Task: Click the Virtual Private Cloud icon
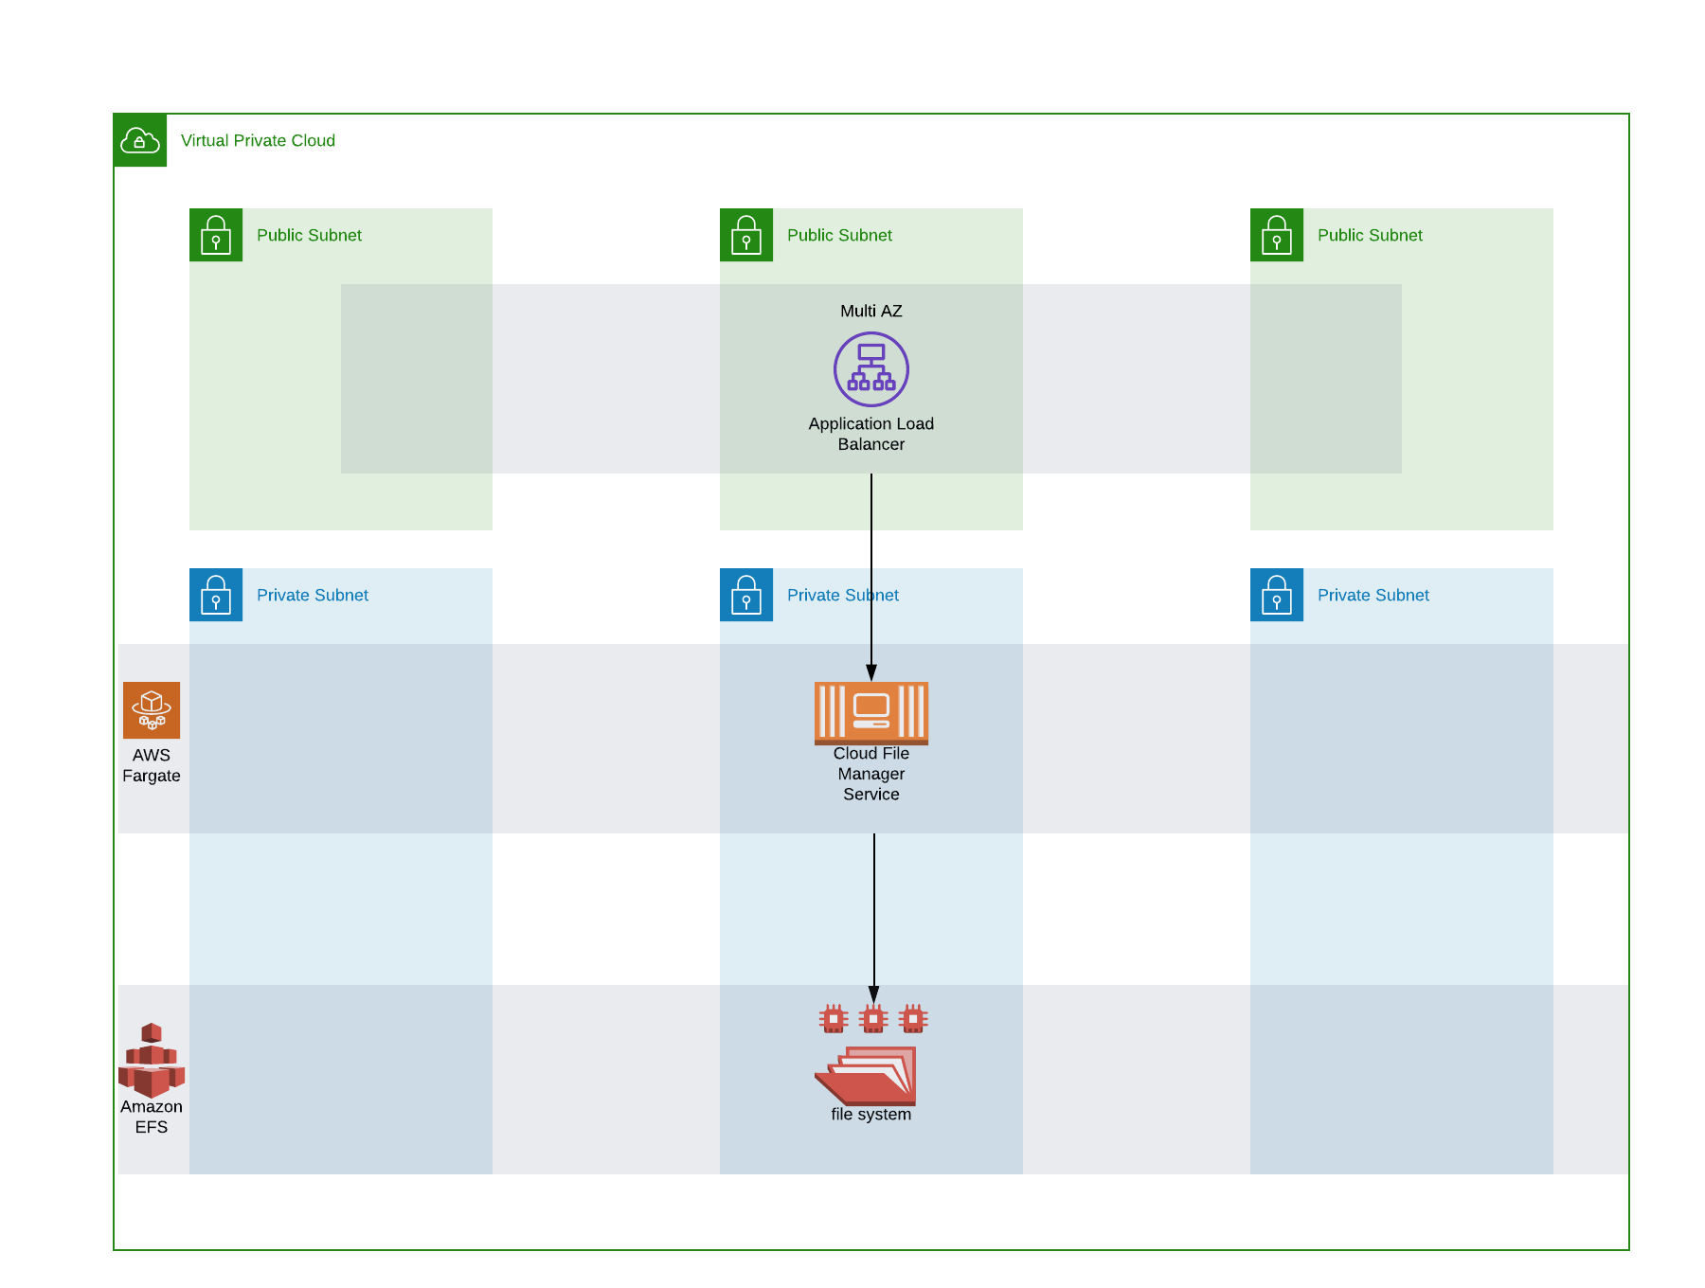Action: click(140, 140)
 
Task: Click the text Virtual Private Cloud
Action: click(258, 140)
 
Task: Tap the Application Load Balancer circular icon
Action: click(870, 369)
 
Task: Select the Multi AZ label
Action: click(870, 311)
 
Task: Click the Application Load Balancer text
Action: click(870, 434)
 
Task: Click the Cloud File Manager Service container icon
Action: click(870, 712)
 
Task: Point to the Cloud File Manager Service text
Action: click(870, 774)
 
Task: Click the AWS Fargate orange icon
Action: click(152, 710)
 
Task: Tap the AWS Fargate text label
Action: click(152, 765)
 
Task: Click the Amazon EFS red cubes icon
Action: click(152, 1060)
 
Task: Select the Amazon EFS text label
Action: click(152, 1117)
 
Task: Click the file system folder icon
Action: click(866, 1076)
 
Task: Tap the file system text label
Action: click(870, 1115)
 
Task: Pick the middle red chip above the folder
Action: click(873, 1019)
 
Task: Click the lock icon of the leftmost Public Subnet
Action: click(216, 235)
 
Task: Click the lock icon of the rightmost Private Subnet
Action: click(1277, 595)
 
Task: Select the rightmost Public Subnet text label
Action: click(1370, 235)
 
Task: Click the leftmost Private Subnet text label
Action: click(313, 595)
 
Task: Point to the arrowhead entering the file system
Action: click(873, 994)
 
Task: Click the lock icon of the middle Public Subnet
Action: click(746, 235)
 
